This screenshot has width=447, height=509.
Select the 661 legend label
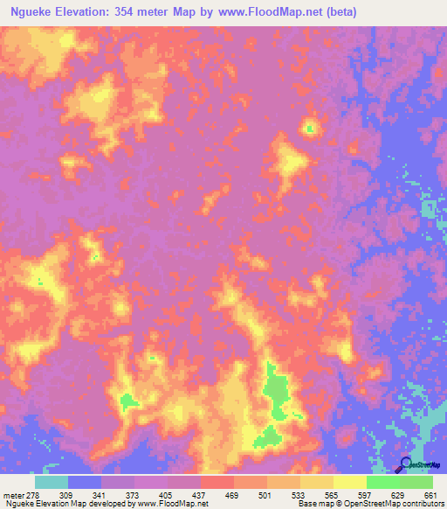pyautogui.click(x=430, y=496)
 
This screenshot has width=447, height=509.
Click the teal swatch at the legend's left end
pyautogui.click(x=52, y=482)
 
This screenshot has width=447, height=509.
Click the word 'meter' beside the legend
pyautogui.click(x=15, y=496)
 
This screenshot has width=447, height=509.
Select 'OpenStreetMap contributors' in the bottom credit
pyautogui.click(x=405, y=505)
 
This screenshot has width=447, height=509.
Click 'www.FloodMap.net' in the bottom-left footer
pyautogui.click(x=176, y=505)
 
